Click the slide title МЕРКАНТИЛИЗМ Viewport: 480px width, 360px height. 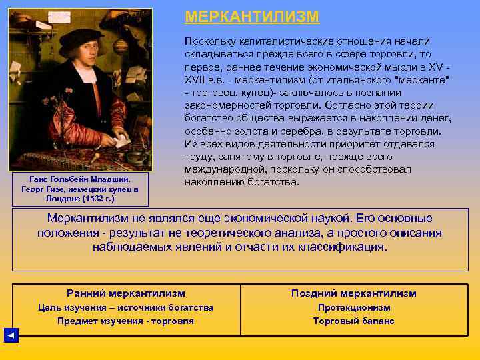click(252, 17)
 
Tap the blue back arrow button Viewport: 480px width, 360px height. click(11, 335)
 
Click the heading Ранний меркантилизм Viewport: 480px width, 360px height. click(126, 293)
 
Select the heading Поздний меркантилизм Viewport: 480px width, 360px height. click(354, 293)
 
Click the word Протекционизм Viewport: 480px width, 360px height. click(354, 307)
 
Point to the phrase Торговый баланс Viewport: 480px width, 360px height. click(354, 321)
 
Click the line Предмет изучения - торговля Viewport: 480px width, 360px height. click(126, 321)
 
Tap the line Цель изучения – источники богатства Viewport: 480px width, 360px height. click(126, 307)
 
